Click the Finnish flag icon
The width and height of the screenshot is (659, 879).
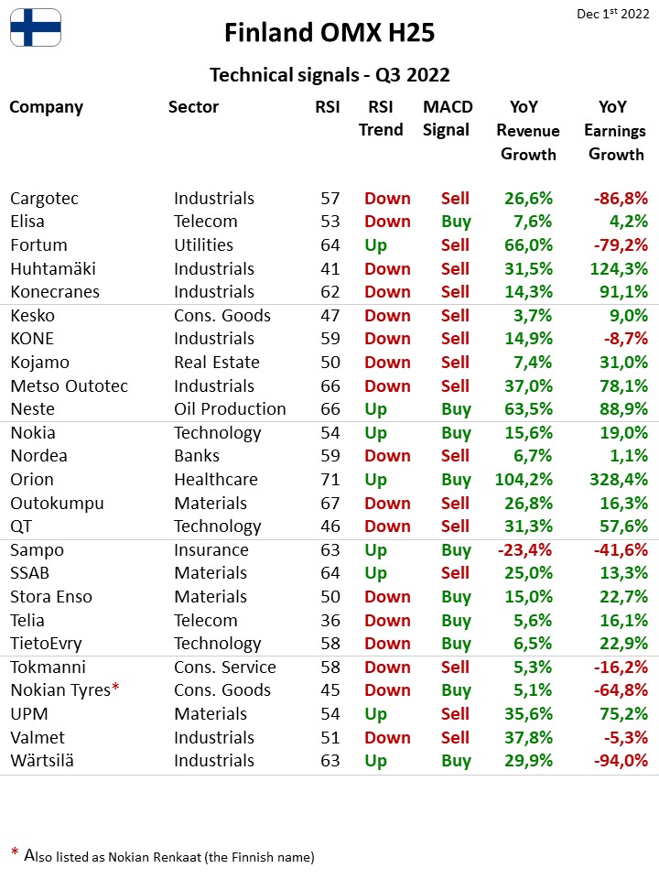point(36,27)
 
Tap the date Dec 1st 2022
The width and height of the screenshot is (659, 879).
point(612,14)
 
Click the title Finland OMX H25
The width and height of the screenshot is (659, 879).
point(329,33)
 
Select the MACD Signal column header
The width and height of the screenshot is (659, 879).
point(448,118)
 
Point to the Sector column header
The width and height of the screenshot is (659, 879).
point(193,106)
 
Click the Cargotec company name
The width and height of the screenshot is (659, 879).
point(44,199)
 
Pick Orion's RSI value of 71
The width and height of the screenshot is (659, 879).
point(330,479)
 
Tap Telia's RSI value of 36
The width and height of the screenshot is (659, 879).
point(330,620)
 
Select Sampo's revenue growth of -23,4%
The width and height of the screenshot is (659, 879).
point(524,550)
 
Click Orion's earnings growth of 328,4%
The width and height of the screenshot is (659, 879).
point(619,479)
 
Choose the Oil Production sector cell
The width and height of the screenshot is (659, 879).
point(230,409)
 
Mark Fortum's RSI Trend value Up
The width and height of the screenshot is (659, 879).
point(375,246)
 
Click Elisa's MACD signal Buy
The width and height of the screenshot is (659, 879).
point(456,222)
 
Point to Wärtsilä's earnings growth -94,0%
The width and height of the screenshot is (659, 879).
point(621,761)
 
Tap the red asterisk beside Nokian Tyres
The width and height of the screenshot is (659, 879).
point(115,687)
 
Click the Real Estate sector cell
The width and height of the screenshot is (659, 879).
point(217,363)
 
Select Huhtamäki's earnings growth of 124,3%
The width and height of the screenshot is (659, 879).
point(619,269)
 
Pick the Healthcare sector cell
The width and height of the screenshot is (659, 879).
point(216,480)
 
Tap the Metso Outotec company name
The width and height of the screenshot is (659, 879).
point(69,386)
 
